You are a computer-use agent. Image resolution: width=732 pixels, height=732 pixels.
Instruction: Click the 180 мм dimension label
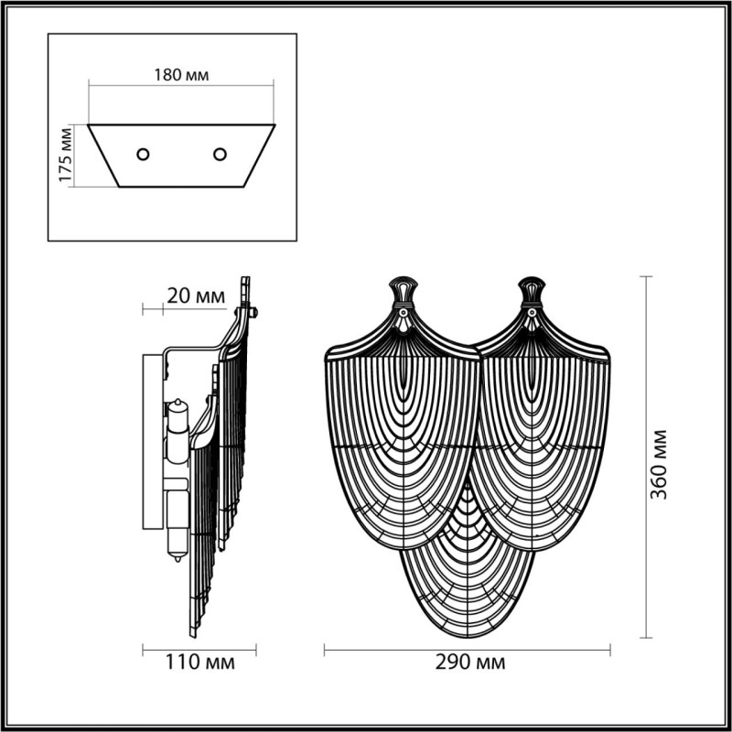click(x=181, y=75)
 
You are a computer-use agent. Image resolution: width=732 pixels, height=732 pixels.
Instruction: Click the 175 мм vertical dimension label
click(x=65, y=156)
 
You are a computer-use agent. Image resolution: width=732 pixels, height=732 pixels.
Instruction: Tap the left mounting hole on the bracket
click(x=143, y=154)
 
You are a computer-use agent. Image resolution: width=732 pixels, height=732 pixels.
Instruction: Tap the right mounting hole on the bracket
click(x=220, y=154)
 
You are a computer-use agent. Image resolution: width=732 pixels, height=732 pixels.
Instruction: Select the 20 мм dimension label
click(x=196, y=296)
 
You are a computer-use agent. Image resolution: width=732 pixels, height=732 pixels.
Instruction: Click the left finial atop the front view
click(x=402, y=291)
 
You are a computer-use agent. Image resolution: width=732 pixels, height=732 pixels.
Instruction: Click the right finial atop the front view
click(x=532, y=291)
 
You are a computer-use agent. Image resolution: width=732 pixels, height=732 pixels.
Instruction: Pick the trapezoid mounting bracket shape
click(x=181, y=156)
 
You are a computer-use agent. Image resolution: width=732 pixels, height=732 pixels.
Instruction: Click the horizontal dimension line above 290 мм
click(x=468, y=650)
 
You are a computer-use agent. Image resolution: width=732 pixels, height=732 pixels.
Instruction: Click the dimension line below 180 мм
click(x=181, y=86)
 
